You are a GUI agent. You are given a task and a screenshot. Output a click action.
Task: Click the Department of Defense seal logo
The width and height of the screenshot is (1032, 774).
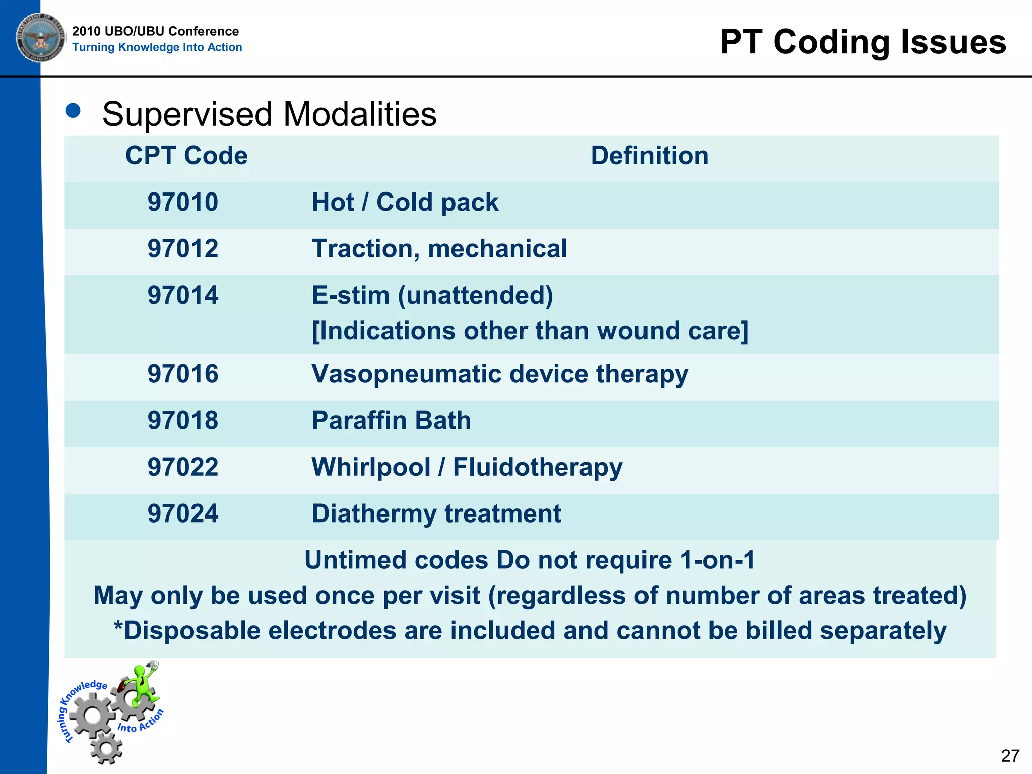pyautogui.click(x=40, y=38)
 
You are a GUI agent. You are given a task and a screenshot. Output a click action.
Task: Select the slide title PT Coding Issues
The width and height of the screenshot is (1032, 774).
pyautogui.click(x=863, y=42)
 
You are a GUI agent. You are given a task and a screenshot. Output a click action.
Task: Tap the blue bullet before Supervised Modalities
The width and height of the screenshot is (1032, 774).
pyautogui.click(x=73, y=111)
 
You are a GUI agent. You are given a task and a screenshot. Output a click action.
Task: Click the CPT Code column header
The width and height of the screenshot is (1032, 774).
pyautogui.click(x=186, y=155)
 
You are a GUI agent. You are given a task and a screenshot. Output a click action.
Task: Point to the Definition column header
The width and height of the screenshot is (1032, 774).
pyautogui.click(x=649, y=155)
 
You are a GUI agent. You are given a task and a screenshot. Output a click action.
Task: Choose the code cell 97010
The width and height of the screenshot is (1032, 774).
pyautogui.click(x=182, y=202)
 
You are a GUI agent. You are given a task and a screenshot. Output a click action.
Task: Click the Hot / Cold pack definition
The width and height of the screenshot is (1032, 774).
pyautogui.click(x=405, y=202)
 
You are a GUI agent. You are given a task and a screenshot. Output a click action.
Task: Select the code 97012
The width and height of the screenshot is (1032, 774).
pyautogui.click(x=182, y=249)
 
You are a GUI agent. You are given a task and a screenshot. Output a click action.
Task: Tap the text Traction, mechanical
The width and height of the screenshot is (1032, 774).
pyautogui.click(x=439, y=249)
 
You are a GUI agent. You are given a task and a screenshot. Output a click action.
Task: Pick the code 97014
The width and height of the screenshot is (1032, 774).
pyautogui.click(x=182, y=295)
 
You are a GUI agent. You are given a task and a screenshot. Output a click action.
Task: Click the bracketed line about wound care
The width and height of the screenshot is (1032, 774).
pyautogui.click(x=530, y=331)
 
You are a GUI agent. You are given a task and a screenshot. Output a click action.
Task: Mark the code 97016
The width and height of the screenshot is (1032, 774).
pyautogui.click(x=182, y=374)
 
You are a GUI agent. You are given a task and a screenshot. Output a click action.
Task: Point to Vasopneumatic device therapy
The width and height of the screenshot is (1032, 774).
pyautogui.click(x=499, y=374)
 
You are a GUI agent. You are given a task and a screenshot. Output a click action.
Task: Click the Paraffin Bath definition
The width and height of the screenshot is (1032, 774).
pyautogui.click(x=391, y=420)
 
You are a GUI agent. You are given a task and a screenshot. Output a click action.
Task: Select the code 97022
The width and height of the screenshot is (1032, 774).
pyautogui.click(x=182, y=467)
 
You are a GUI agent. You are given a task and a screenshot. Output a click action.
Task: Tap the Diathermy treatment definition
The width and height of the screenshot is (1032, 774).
pyautogui.click(x=436, y=513)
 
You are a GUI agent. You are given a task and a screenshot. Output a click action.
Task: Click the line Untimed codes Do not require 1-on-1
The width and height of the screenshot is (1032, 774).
pyautogui.click(x=530, y=560)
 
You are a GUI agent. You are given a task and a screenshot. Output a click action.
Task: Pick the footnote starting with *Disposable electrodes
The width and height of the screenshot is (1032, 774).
pyautogui.click(x=530, y=631)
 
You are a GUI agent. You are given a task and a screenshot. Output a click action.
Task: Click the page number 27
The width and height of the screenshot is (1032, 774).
pyautogui.click(x=1010, y=756)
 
